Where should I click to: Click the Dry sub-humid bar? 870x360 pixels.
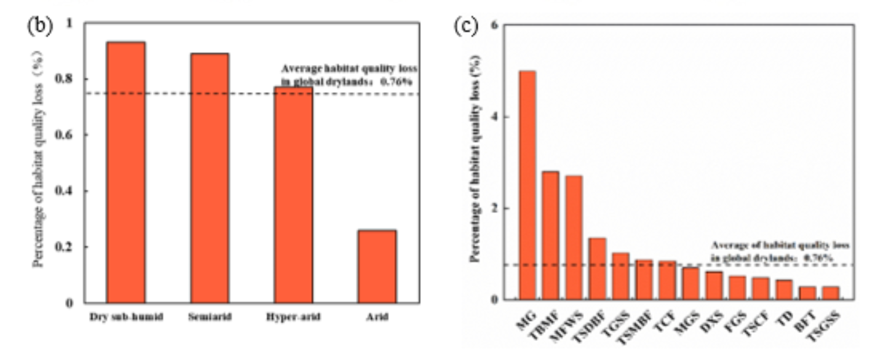coord(126,172)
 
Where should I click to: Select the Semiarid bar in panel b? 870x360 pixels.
coord(209,178)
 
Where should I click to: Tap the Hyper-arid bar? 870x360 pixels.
coord(293,195)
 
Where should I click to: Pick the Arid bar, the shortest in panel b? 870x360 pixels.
coord(377,266)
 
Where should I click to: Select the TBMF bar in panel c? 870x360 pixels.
coord(550,235)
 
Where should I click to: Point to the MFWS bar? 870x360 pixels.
coord(574,237)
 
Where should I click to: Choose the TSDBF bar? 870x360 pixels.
coord(597,268)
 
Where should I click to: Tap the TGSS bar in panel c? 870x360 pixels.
coord(620,276)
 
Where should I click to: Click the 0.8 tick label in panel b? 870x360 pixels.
coord(69,79)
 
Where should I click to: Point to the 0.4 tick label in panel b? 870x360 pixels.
coord(69,191)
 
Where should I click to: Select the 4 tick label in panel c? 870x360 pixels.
coord(494,117)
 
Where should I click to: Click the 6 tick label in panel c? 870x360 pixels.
coord(494,25)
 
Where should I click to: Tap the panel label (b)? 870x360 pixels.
coord(40,26)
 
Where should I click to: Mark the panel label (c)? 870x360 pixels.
coord(466,26)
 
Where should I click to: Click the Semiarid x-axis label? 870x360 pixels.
coord(210,317)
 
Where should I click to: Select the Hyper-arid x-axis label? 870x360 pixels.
coord(293,317)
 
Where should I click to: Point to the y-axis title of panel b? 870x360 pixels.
coord(39,159)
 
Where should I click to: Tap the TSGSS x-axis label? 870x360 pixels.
coord(823,327)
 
